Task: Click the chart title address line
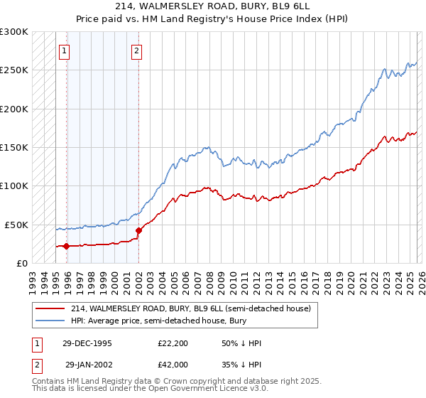point(213,6)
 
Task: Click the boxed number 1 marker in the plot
point(65,50)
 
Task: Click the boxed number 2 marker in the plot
point(136,50)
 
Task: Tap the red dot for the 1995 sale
point(67,247)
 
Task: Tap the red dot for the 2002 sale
point(138,230)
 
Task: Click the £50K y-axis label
point(16,225)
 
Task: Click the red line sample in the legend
point(50,309)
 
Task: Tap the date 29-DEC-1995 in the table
point(87,343)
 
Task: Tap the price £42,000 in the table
point(173,365)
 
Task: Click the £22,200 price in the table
point(173,343)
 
